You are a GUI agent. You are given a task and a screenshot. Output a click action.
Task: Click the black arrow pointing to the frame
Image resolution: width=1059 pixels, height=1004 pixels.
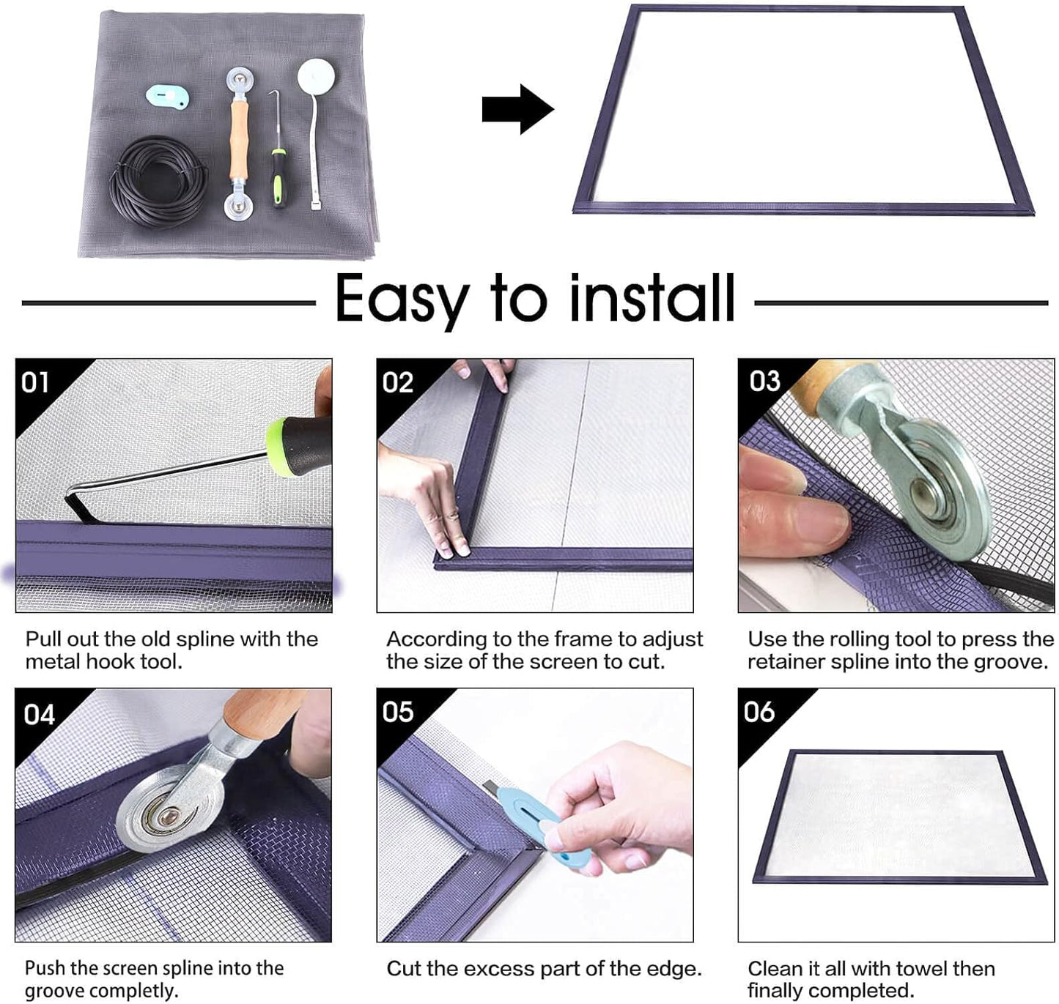click(x=517, y=109)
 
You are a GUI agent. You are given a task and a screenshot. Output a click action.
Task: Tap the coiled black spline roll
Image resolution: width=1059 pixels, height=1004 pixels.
click(x=158, y=182)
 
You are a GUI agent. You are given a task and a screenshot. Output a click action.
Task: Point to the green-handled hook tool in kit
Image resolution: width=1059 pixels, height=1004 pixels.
click(x=278, y=175)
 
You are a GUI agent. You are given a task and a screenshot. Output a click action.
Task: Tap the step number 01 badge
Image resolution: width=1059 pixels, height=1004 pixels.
click(x=34, y=382)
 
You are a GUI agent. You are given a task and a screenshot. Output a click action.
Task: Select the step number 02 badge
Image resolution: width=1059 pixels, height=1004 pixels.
click(x=397, y=382)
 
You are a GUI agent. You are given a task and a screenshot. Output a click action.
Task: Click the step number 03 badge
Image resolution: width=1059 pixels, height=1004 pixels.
click(x=764, y=381)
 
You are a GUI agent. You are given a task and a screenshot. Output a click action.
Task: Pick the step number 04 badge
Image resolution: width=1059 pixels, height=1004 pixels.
click(x=39, y=714)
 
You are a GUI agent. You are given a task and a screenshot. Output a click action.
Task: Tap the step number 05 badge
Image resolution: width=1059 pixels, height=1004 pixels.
click(x=397, y=712)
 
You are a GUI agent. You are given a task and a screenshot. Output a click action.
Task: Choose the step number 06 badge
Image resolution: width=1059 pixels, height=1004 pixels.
click(x=759, y=712)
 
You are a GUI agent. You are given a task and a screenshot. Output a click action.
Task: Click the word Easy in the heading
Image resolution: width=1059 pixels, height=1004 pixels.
click(x=402, y=299)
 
